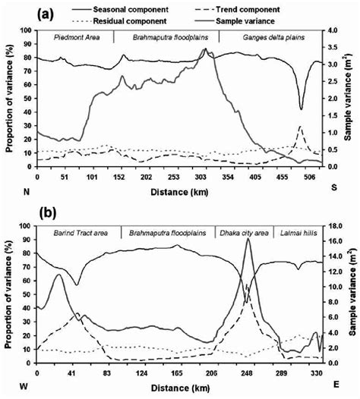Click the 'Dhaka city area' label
243,233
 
